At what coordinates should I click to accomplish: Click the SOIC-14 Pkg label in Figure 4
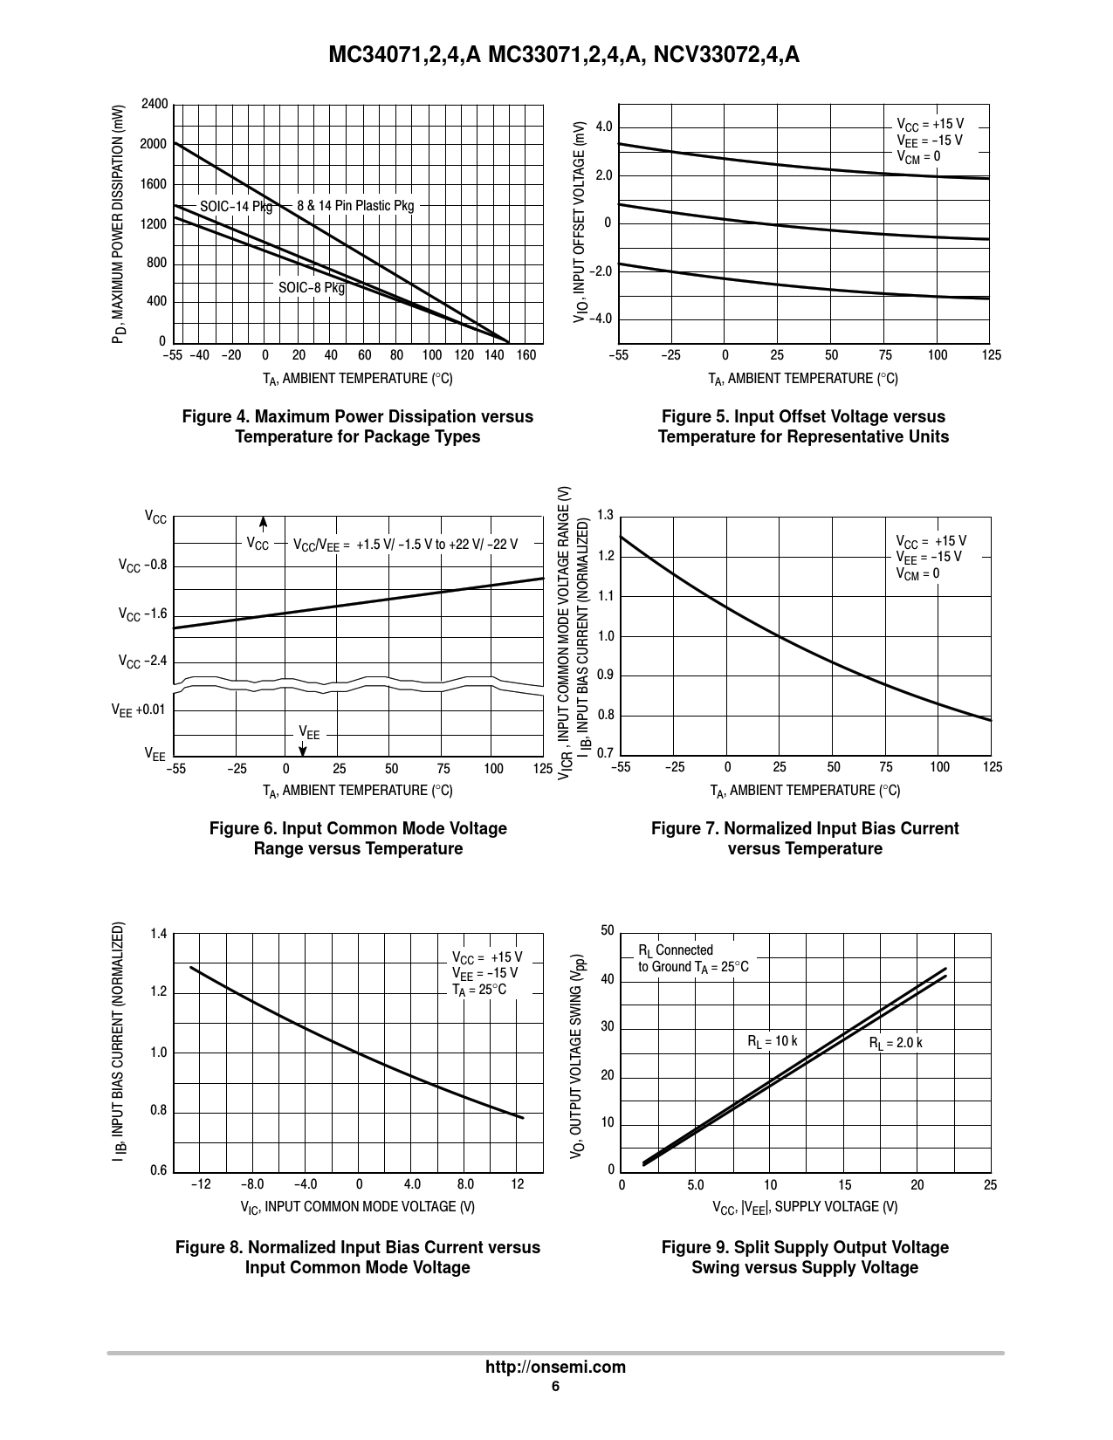[236, 207]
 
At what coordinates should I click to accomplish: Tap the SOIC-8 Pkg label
[312, 287]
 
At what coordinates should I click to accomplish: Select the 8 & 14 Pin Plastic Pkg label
[355, 206]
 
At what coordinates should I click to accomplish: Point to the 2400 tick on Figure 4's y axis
[154, 105]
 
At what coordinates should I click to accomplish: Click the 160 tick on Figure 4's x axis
[526, 355]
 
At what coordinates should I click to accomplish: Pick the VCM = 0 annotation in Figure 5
[918, 157]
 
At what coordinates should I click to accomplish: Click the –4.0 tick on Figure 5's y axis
[601, 319]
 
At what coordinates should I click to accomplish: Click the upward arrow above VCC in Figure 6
[263, 523]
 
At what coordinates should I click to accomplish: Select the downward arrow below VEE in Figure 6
[303, 749]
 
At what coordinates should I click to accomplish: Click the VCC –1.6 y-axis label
[142, 614]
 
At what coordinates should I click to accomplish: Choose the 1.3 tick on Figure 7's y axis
[605, 514]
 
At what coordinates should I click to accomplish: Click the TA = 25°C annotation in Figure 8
[478, 990]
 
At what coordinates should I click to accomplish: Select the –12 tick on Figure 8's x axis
[201, 1184]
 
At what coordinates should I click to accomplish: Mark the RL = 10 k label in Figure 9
[772, 1041]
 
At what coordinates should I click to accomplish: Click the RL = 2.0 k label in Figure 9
[896, 1043]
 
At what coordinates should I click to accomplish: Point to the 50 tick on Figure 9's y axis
[608, 931]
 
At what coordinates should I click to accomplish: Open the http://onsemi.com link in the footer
[555, 1367]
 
